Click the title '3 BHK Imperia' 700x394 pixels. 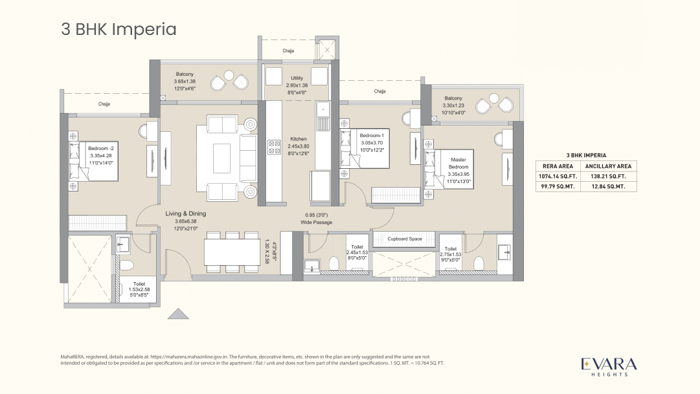tap(119, 29)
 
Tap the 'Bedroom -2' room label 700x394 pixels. tap(100, 149)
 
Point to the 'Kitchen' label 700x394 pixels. tap(298, 139)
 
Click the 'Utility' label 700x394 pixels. tap(297, 78)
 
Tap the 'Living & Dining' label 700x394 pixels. tap(186, 213)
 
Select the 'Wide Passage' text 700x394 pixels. tap(316, 223)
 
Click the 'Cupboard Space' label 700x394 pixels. tap(405, 239)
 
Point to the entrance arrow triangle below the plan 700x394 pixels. tap(177, 314)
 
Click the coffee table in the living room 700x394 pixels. tap(221, 157)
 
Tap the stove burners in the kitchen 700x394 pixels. tap(273, 147)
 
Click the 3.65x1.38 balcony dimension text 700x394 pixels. tap(184, 82)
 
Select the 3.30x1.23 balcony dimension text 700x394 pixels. tap(453, 105)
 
